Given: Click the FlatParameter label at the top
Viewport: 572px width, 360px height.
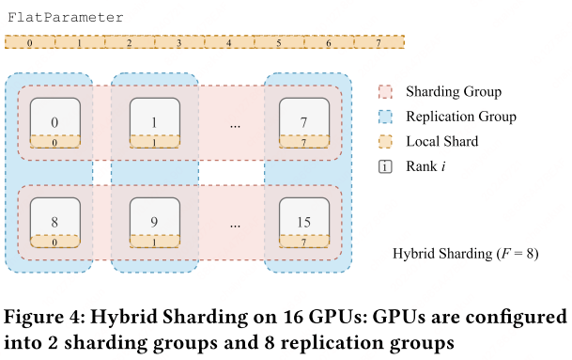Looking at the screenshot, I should (x=64, y=18).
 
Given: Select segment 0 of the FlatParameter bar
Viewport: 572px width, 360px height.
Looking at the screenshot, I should (x=30, y=42).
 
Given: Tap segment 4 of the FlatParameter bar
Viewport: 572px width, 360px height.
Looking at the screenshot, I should (x=228, y=42).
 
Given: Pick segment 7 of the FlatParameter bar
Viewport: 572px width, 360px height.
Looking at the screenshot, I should (x=379, y=42).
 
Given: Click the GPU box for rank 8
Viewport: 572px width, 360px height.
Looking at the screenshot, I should (x=54, y=224).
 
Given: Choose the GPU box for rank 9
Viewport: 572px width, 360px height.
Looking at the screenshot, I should (x=154, y=224).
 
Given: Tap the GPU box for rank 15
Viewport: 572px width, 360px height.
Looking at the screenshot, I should (x=303, y=224).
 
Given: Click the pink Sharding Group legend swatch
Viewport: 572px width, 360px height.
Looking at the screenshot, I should (x=384, y=92).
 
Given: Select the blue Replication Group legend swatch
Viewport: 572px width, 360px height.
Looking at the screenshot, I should (x=384, y=117).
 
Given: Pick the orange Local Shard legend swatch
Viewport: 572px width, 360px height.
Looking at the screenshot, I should (x=384, y=142).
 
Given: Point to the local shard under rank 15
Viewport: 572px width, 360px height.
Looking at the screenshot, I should (x=303, y=242).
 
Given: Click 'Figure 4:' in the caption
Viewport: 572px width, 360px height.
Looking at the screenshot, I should (x=40, y=314).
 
